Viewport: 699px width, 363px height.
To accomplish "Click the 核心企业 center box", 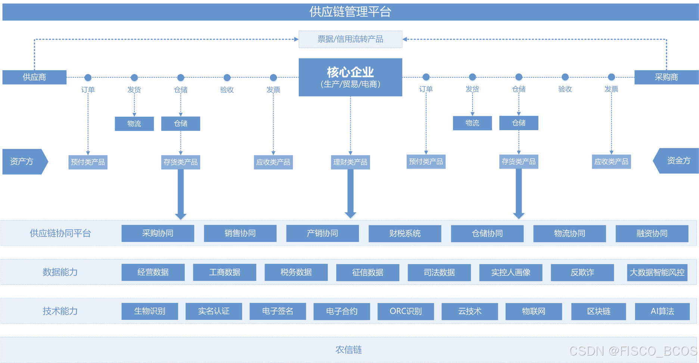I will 350,77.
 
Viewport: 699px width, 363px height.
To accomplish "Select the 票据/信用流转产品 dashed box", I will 350,39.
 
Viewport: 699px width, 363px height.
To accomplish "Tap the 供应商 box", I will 34,77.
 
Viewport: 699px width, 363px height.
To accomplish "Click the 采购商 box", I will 666,77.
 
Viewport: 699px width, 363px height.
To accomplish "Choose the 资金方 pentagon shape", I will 677,161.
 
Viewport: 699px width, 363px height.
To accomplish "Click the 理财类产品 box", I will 350,162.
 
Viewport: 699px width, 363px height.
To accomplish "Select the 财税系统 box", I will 405,234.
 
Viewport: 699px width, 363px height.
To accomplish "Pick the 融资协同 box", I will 652,234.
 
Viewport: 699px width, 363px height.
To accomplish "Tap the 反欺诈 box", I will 582,272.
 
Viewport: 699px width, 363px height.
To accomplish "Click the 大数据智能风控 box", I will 657,272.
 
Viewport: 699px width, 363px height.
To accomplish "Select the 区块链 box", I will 598,311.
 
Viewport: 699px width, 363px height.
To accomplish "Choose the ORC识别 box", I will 406,311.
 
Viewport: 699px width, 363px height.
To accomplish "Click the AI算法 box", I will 662,311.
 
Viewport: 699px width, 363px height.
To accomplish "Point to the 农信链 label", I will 348,350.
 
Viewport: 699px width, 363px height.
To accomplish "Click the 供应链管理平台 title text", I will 350,12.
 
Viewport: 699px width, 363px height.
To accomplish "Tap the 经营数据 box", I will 153,272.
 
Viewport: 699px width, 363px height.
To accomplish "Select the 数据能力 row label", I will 60,272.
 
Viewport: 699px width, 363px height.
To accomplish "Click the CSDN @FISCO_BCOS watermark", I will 633,351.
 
